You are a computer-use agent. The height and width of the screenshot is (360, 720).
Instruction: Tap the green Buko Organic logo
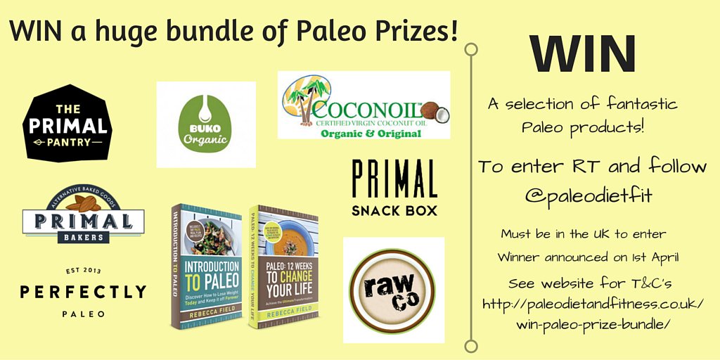pos(205,124)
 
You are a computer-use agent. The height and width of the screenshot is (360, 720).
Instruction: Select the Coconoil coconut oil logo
pos(364,105)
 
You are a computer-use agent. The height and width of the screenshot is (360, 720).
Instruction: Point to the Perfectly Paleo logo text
pos(83,292)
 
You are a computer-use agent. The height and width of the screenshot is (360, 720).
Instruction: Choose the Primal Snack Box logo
pos(394,188)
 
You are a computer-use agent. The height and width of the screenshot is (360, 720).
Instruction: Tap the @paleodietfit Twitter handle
pos(588,195)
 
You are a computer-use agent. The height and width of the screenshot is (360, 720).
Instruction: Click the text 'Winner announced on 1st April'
pos(587,257)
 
